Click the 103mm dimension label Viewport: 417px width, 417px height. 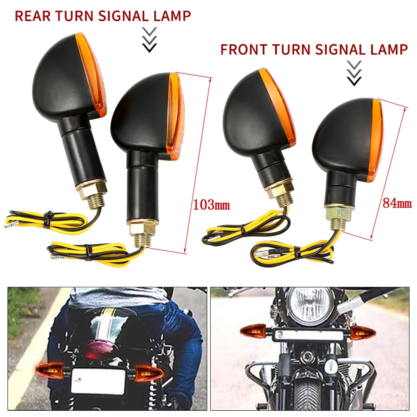coord(211,205)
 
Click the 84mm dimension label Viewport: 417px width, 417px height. coord(397,203)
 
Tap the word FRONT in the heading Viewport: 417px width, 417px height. coord(244,49)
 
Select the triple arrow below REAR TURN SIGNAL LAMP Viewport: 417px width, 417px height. coord(149,40)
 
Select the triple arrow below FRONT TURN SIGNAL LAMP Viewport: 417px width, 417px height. coord(354,73)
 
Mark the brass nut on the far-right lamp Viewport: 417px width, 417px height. coord(339,214)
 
